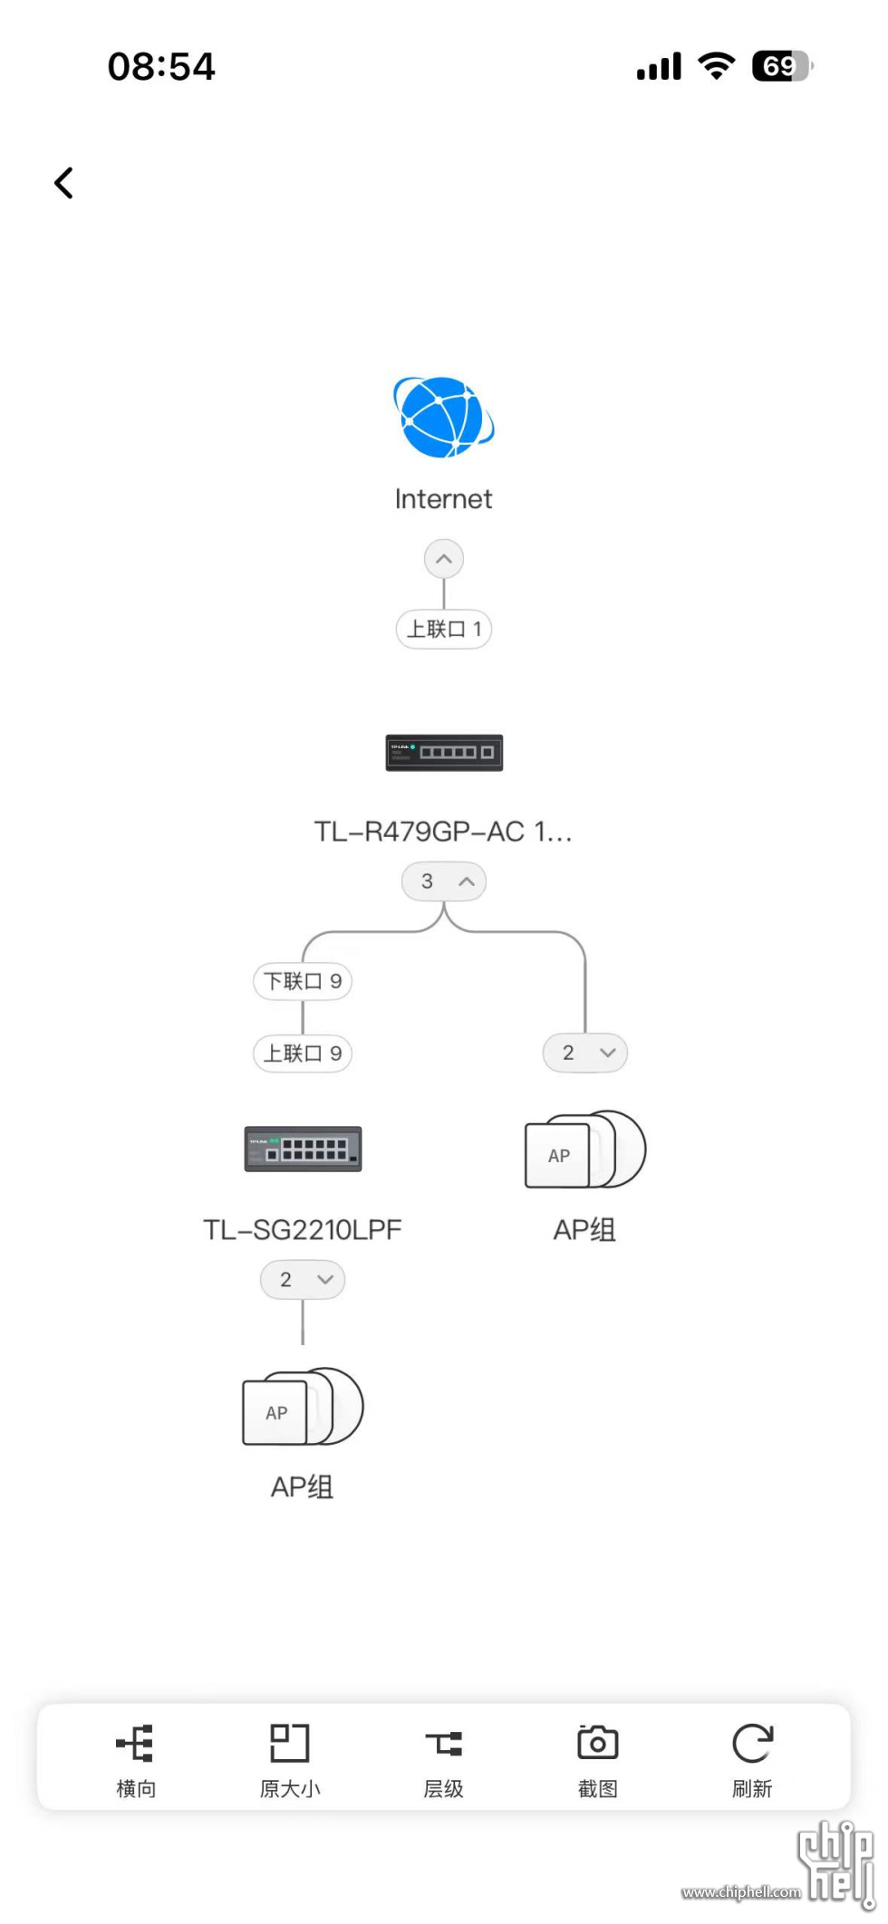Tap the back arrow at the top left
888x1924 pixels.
coord(63,183)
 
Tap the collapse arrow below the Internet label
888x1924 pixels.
coord(443,559)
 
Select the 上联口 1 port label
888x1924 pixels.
coord(443,629)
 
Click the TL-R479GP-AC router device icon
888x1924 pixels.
coord(444,753)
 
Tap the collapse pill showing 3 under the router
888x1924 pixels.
coord(443,881)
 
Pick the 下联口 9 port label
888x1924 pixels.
coord(303,981)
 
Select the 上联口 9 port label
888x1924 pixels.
coord(303,1053)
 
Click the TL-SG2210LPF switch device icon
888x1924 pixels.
coord(303,1149)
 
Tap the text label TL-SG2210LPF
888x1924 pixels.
coord(303,1229)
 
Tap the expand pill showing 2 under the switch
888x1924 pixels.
coord(303,1280)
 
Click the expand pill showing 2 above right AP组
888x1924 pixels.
coord(584,1053)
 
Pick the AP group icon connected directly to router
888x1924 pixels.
coord(584,1150)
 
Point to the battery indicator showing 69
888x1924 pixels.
coord(782,66)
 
